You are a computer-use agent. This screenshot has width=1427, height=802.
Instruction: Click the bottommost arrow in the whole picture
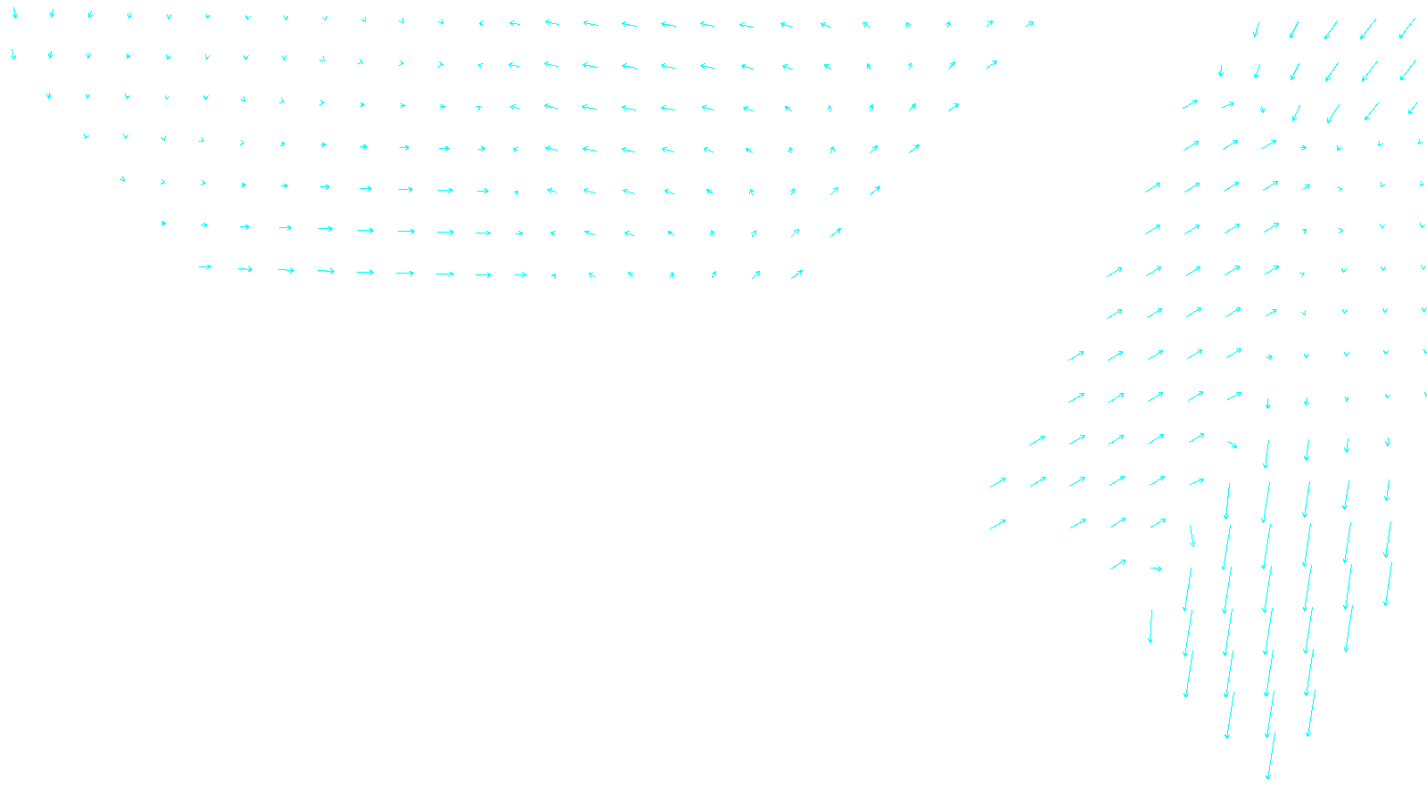1270,757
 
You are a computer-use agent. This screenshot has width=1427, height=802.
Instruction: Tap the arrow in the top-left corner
14,13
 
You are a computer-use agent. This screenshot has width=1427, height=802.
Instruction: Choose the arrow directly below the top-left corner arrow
13,54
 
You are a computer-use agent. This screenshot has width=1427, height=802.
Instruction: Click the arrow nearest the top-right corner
1407,29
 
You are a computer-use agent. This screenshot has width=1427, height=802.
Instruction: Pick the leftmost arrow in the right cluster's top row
1256,30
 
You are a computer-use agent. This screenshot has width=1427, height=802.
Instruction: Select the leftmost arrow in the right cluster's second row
1221,71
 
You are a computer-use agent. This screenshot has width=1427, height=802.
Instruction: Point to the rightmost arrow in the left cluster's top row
1029,24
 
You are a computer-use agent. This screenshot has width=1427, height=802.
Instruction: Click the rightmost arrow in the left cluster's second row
992,64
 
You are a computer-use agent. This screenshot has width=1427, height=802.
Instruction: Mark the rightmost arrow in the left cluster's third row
953,107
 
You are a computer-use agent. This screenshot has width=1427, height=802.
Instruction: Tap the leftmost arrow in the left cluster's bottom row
205,266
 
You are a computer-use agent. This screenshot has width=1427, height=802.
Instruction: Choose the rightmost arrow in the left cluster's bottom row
796,274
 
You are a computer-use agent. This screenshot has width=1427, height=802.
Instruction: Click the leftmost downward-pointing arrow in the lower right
1151,626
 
